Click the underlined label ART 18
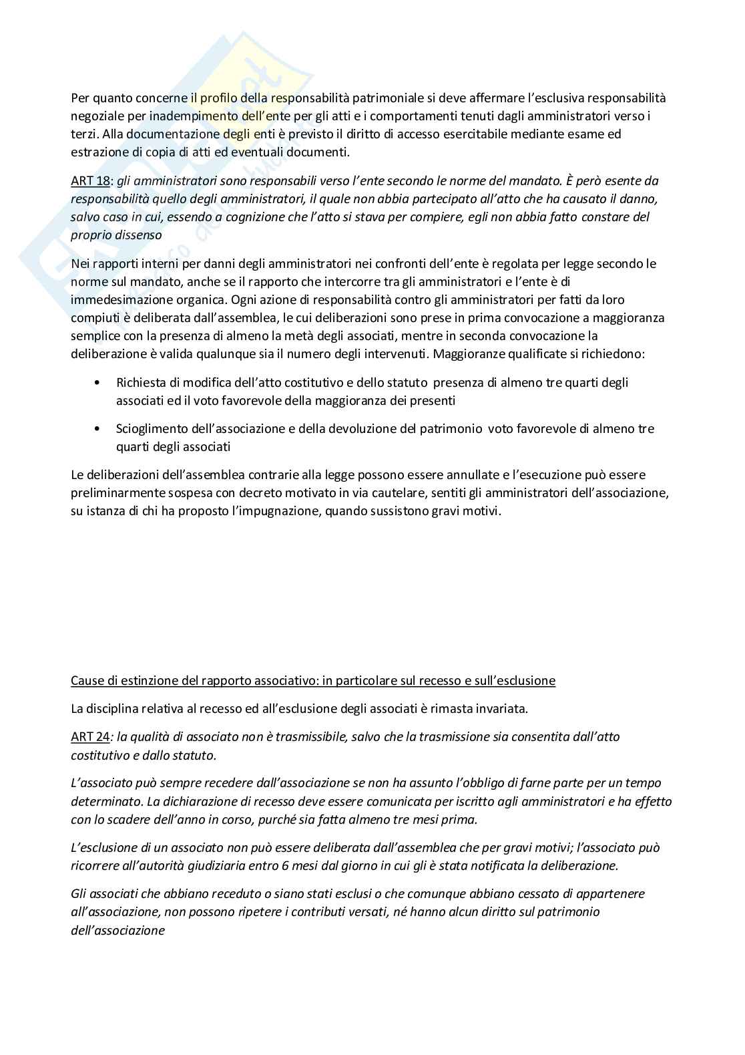coord(89,181)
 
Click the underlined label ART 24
coord(89,737)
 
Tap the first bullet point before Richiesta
coord(98,383)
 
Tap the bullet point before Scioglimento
coord(98,428)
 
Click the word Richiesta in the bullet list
coord(140,383)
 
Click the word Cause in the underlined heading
coord(87,681)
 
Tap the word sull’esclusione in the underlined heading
coord(516,681)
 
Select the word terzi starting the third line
coord(84,134)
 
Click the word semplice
coord(95,335)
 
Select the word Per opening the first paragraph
coord(79,98)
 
